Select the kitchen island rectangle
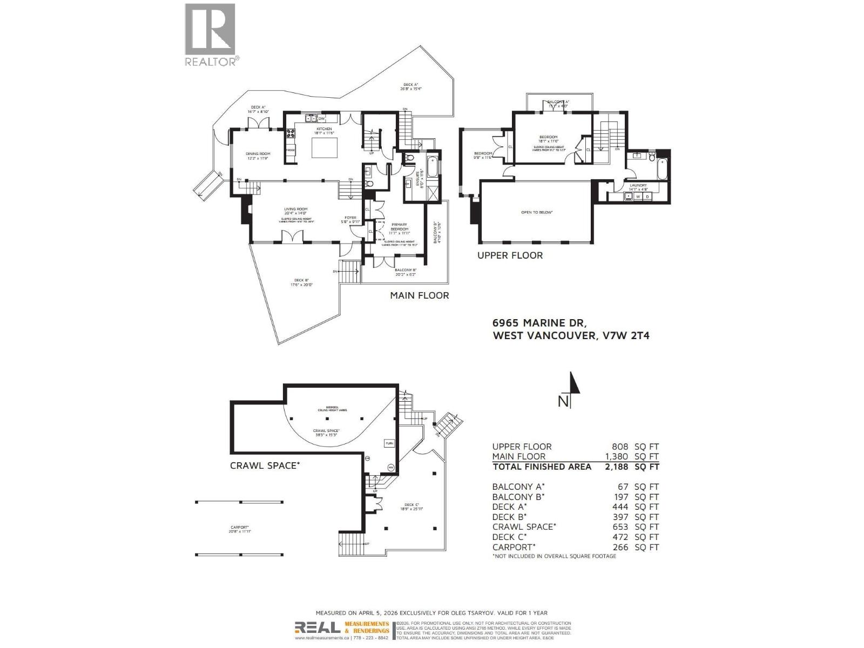[x=324, y=147]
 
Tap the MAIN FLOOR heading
[x=420, y=295]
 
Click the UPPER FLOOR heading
[x=510, y=255]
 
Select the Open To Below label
[x=536, y=212]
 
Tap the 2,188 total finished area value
[x=616, y=467]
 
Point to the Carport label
[x=239, y=528]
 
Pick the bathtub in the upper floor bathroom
[x=663, y=168]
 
